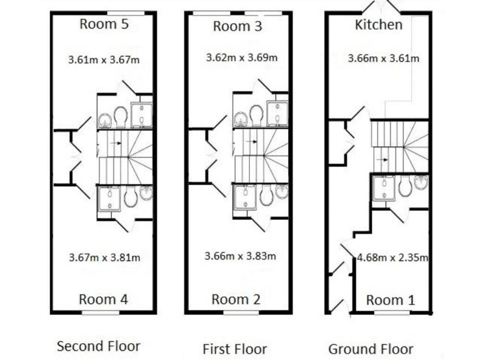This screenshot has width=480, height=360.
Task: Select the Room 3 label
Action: coord(237,26)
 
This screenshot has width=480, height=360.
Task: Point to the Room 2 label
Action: coord(236,299)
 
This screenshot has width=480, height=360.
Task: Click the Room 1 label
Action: coord(390,300)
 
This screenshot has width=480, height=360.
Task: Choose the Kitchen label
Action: coord(378,25)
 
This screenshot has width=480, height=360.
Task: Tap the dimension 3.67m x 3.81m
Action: coord(104,257)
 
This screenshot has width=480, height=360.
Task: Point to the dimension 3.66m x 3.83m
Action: coord(241,256)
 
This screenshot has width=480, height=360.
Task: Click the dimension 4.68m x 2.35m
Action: coord(392,257)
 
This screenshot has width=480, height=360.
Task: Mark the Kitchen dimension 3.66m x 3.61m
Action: coord(383,59)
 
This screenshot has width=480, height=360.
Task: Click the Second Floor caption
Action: coord(99,346)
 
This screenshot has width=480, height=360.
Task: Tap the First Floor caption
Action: coord(234,349)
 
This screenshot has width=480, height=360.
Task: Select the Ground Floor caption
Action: coord(371,349)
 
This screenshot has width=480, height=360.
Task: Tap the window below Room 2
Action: coord(236,312)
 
